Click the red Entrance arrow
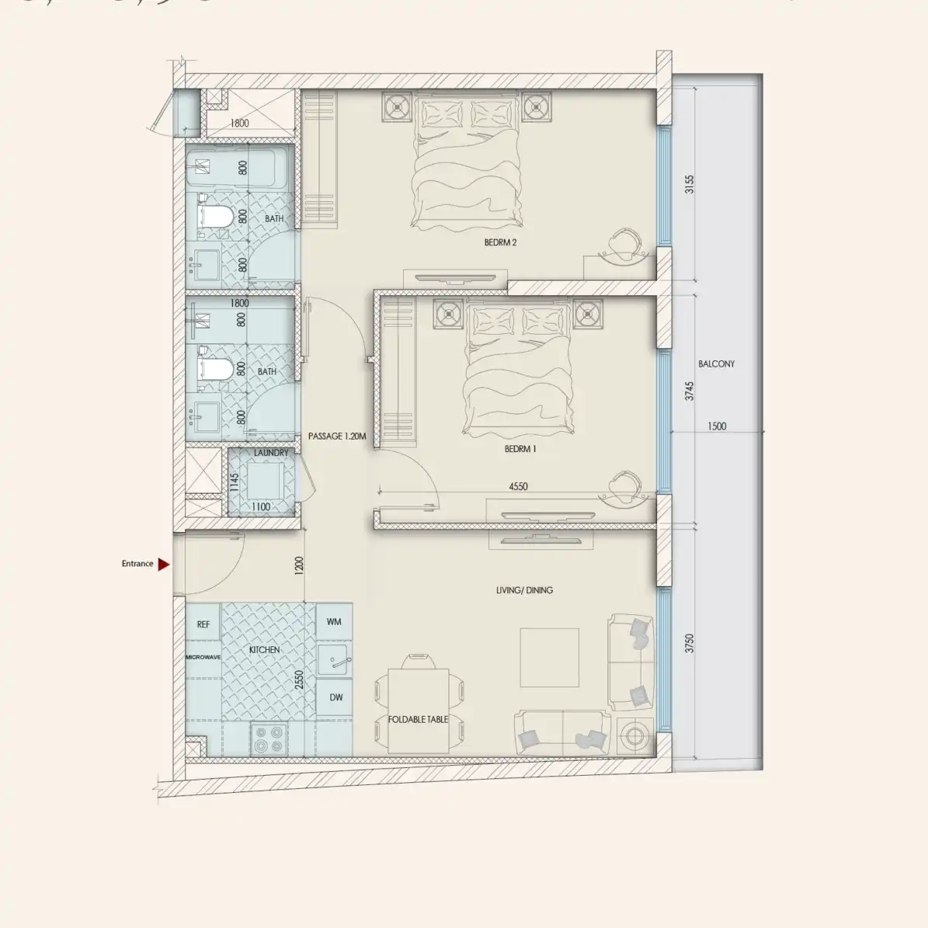(163, 565)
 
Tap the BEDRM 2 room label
(500, 242)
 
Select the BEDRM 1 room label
(520, 449)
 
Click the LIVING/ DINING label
(524, 590)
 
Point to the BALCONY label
(715, 363)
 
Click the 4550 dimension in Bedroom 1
(518, 487)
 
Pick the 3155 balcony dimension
(690, 185)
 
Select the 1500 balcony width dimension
(717, 426)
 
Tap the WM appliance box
(334, 622)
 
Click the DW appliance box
(335, 697)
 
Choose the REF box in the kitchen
(203, 624)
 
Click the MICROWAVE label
(203, 657)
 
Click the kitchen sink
(335, 660)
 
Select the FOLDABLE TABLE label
(418, 719)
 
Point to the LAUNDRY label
(271, 453)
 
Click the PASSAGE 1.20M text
(335, 436)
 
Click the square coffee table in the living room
(549, 658)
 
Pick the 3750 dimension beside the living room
(690, 644)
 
